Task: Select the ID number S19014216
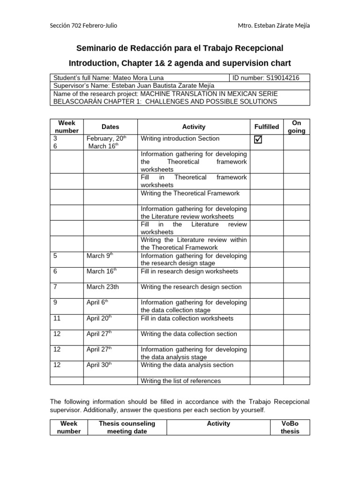coord(283,78)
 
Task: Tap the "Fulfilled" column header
coord(266,127)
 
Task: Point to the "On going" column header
coord(296,127)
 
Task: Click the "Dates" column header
coord(110,127)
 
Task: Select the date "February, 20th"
coord(106,139)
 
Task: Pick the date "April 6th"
coord(97,302)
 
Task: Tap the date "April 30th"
coord(99,365)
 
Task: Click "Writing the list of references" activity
coord(180,381)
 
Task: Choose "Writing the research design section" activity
coord(191,287)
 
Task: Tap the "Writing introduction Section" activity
coord(180,139)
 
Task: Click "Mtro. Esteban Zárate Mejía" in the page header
coord(274,25)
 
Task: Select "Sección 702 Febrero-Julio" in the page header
coord(83,25)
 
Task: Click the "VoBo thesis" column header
coord(290,427)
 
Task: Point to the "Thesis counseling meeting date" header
coord(127,427)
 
